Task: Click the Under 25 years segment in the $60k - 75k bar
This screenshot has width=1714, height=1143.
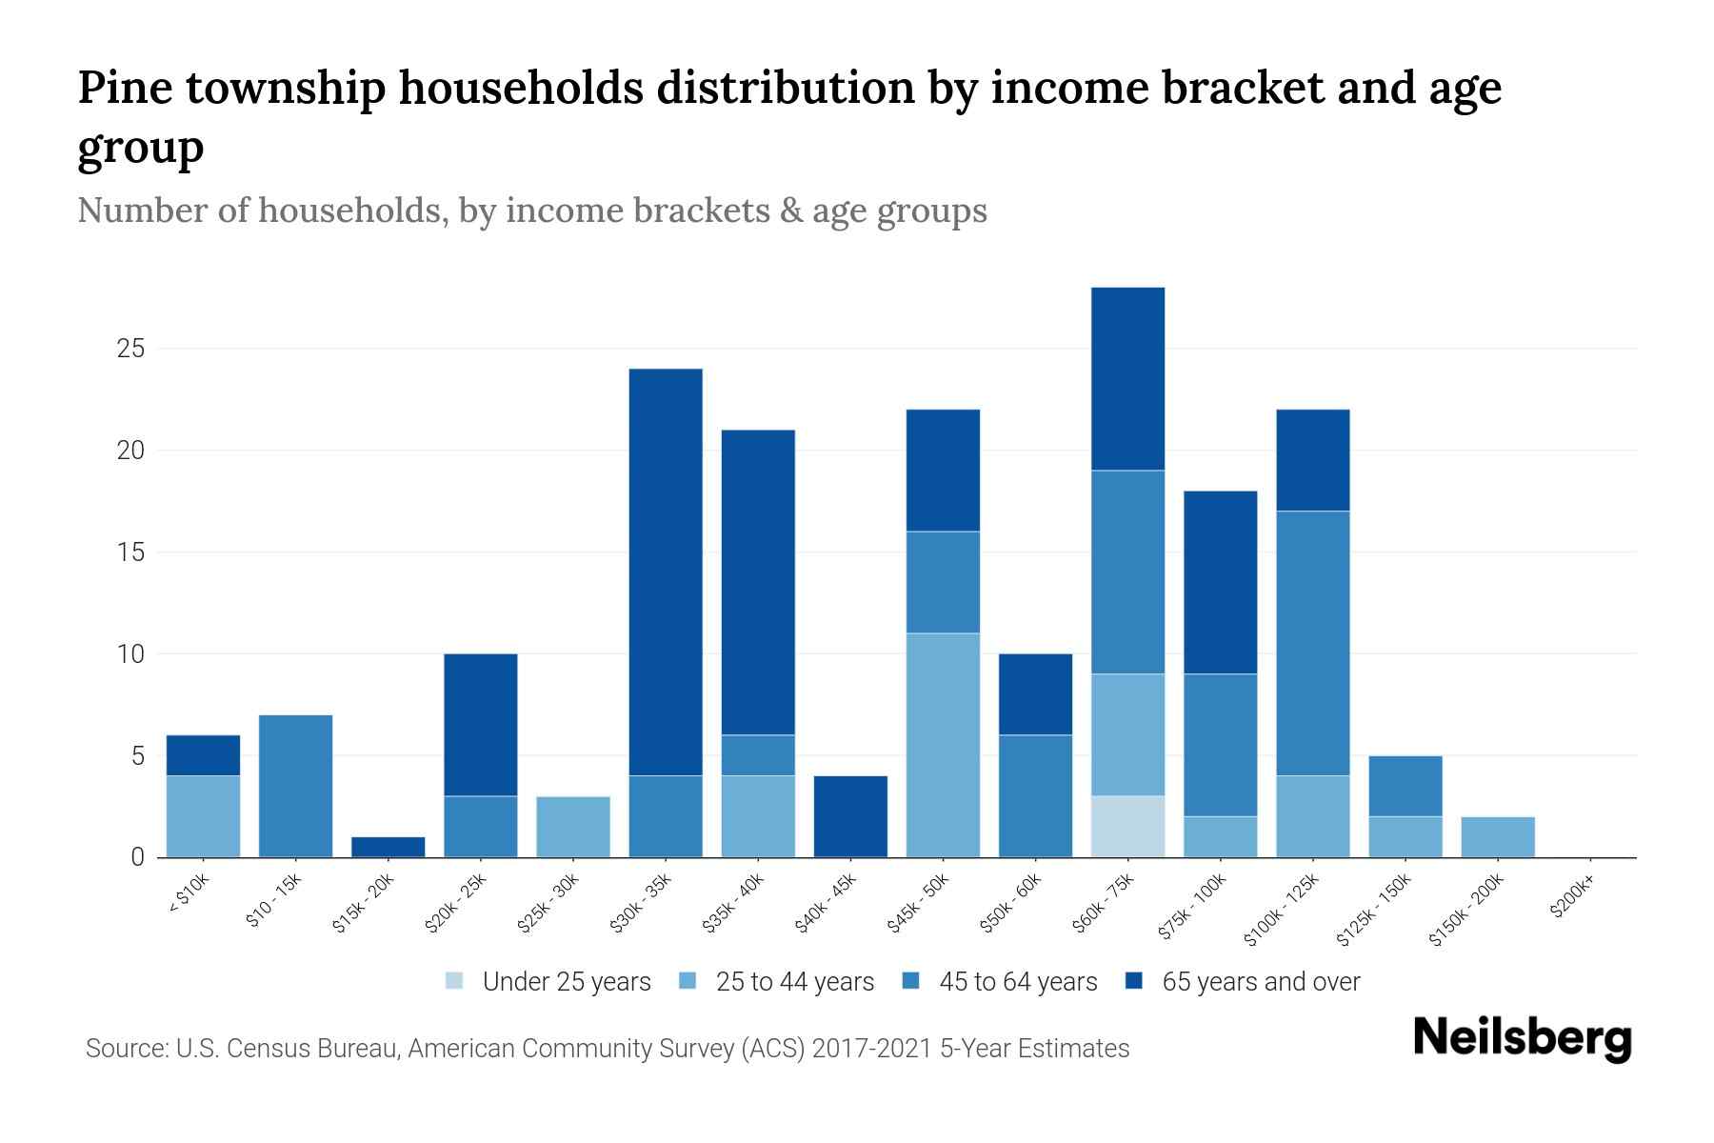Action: tap(1127, 826)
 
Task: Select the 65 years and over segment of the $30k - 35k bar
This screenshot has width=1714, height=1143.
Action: tap(666, 571)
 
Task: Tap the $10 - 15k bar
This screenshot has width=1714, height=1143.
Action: tap(295, 786)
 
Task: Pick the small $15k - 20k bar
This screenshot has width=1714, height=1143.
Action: tap(388, 847)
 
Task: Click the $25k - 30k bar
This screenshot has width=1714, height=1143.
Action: tap(573, 827)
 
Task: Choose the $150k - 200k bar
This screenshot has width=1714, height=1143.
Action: tap(1497, 836)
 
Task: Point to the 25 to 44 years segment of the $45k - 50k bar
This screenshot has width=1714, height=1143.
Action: tap(943, 745)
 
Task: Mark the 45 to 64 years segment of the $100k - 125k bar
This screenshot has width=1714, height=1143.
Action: tap(1312, 643)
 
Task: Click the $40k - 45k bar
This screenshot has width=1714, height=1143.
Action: tap(850, 816)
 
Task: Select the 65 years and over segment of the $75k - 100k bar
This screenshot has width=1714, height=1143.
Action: tap(1220, 582)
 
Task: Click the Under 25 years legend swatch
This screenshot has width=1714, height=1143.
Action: tap(455, 981)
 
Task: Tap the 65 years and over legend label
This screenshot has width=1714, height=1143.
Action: tap(1261, 982)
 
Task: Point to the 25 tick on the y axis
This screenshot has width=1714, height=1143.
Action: tap(130, 349)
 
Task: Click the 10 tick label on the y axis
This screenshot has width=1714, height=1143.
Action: tap(130, 654)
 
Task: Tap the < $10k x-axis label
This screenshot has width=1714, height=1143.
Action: tap(188, 894)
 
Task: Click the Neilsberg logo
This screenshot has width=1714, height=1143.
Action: tap(1522, 1038)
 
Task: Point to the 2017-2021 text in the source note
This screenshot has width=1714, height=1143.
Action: tap(872, 1049)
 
